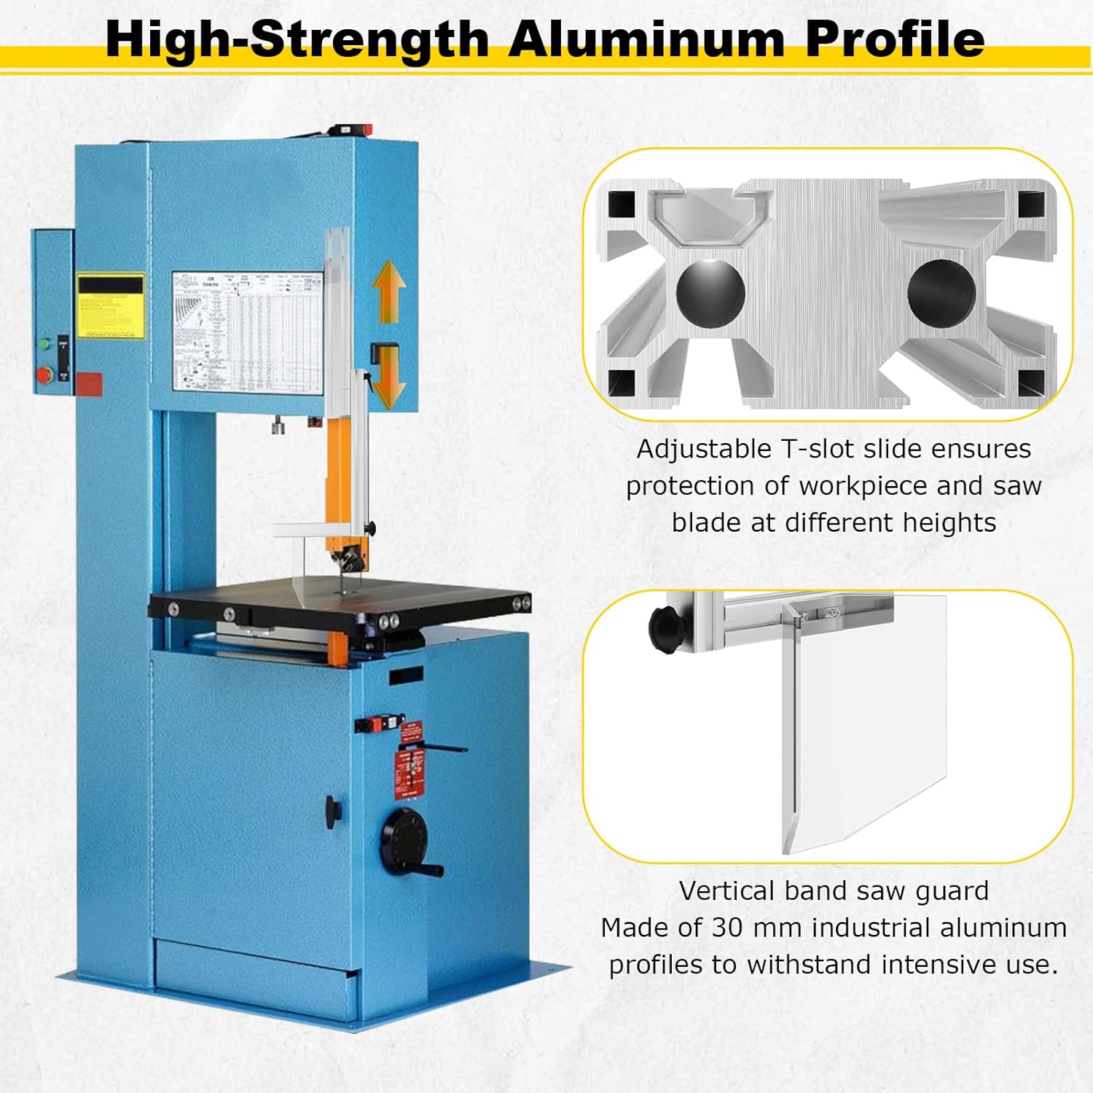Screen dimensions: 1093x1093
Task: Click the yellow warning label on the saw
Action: click(x=111, y=306)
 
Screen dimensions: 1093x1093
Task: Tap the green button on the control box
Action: click(x=44, y=343)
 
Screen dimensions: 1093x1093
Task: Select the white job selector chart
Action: click(x=247, y=332)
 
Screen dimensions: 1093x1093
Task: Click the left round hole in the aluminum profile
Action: click(x=710, y=291)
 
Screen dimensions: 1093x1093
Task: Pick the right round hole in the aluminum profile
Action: click(x=941, y=293)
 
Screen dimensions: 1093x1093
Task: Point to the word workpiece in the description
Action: click(x=863, y=486)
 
